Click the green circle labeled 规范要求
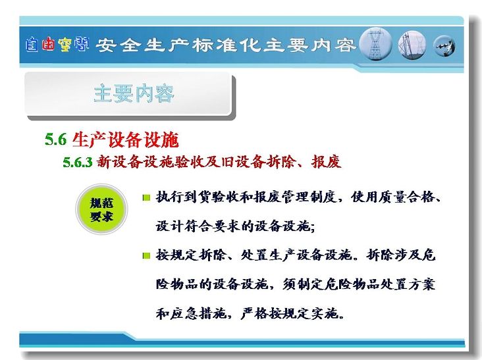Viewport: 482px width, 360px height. click(101, 209)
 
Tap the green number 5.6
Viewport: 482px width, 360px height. click(55, 140)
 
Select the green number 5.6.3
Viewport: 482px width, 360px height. click(78, 162)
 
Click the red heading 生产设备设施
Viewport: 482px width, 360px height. click(125, 140)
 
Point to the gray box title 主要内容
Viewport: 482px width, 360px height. click(134, 93)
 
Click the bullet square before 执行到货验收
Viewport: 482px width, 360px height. click(147, 197)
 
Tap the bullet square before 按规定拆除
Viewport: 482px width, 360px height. click(147, 255)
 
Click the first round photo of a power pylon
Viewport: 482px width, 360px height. click(375, 44)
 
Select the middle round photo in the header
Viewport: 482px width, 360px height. click(412, 45)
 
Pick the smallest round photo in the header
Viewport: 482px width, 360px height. click(444, 46)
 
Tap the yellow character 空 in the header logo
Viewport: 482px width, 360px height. click(65, 45)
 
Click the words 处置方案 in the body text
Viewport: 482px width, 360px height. click(408, 284)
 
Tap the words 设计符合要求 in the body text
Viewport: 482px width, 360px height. click(198, 226)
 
